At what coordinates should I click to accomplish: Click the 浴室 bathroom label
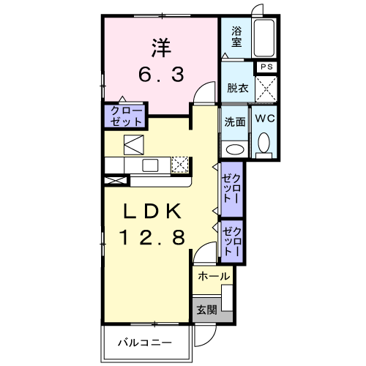coord(236,37)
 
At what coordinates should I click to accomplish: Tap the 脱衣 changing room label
coord(237,89)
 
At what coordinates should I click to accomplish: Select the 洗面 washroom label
coord(234,121)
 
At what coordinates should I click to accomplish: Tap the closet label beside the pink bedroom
coord(124,115)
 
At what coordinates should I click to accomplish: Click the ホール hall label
coord(214,276)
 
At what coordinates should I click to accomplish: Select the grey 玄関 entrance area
coord(206,308)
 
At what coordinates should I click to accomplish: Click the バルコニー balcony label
coord(146,342)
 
